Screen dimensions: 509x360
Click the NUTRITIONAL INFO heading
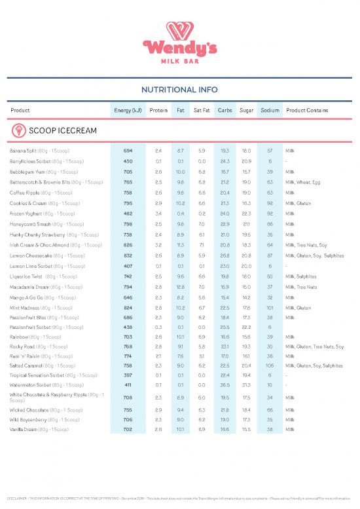tap(180, 89)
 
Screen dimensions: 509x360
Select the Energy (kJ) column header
tap(128, 110)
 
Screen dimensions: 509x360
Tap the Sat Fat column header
tap(202, 110)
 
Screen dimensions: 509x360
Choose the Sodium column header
tap(270, 110)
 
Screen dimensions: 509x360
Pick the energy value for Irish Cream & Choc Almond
tap(128, 244)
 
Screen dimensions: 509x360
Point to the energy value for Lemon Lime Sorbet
tap(128, 265)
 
